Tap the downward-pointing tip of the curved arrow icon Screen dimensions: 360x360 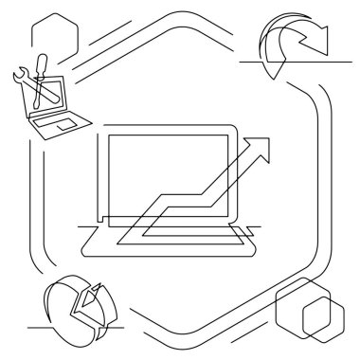pos(273,75)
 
